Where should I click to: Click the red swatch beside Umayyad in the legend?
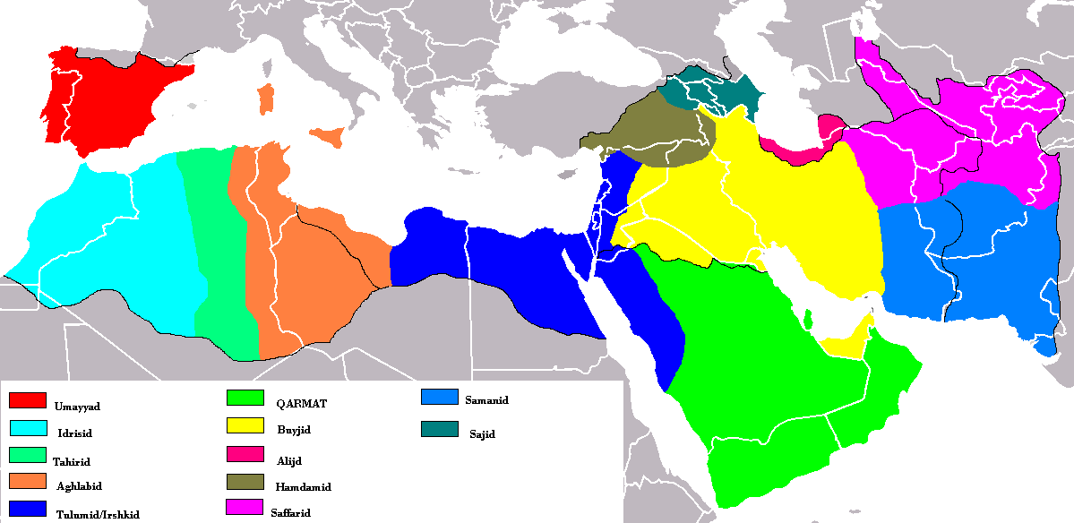coord(27,399)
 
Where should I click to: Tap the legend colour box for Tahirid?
coord(27,454)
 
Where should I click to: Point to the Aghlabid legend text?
coord(78,486)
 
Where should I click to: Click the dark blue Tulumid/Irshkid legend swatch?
coord(27,508)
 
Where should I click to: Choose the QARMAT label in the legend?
coord(302,404)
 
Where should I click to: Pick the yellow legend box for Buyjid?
coord(245,424)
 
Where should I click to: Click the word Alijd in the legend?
coord(289,459)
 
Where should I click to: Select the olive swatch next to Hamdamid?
coord(245,482)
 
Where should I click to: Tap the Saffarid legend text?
coord(290,513)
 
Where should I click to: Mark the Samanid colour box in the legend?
coord(440,398)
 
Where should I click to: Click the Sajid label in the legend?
coord(481,434)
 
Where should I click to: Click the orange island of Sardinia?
coord(265,99)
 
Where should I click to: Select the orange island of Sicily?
coord(329,137)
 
